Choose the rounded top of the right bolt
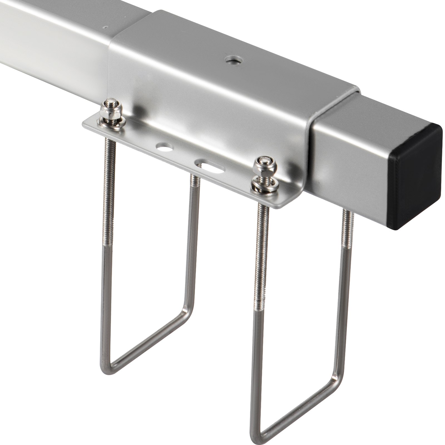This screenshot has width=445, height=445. click(263, 161)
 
